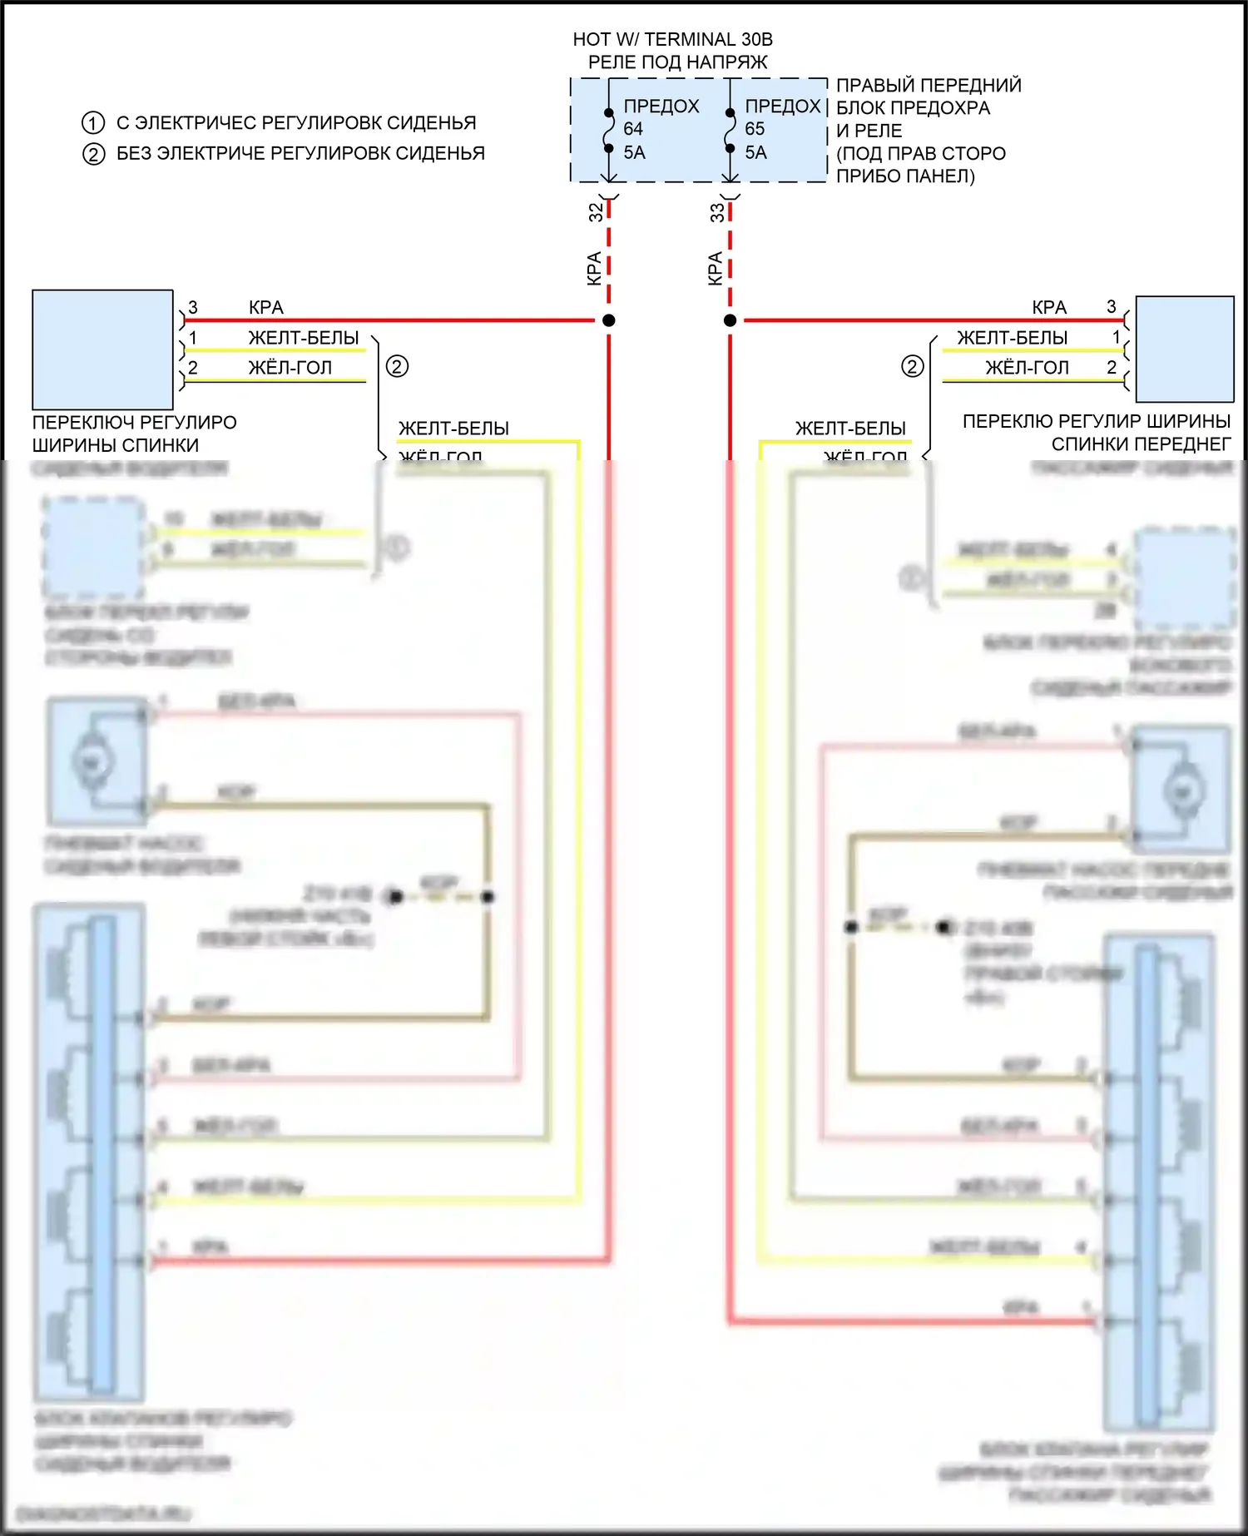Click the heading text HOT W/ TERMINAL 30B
pos(672,39)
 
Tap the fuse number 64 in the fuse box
pos(633,129)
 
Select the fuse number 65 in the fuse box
pos(755,129)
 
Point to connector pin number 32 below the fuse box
pos(596,212)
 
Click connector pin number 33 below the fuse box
pos(717,212)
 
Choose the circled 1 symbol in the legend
pos(93,123)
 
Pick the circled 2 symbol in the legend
pos(93,154)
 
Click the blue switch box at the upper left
pos(102,349)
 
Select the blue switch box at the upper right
pos(1185,349)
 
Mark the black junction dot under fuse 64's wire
pos(609,320)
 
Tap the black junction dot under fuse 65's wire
pos(730,320)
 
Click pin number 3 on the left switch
pos(193,308)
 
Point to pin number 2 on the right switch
pos(1112,367)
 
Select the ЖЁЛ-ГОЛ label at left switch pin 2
pos(290,368)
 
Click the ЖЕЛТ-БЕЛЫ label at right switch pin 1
pos(1012,338)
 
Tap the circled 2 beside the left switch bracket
pos(397,366)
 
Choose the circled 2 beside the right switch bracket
pos(913,366)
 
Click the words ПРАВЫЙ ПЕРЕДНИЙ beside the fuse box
pos(929,85)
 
